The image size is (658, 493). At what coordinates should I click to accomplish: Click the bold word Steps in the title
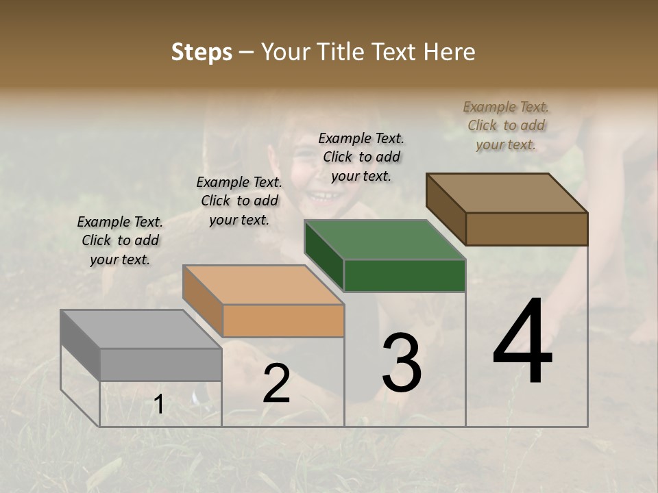[x=202, y=52]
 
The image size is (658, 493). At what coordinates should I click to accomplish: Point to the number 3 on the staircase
[x=402, y=363]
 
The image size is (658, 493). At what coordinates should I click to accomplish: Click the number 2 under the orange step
[x=276, y=384]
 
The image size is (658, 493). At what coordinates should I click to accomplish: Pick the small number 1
[x=159, y=405]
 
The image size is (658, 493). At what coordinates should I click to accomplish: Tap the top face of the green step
[x=385, y=240]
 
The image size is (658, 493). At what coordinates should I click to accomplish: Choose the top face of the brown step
[x=507, y=193]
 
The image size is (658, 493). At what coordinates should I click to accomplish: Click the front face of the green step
[x=404, y=275]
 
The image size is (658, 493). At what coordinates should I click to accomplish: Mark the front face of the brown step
[x=526, y=229]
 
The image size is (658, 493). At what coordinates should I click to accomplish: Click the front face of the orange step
[x=283, y=320]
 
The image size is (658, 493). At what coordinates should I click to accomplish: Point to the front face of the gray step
[x=160, y=364]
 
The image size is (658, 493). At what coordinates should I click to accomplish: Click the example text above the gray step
[x=120, y=240]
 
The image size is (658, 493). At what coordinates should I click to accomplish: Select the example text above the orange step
[x=239, y=201]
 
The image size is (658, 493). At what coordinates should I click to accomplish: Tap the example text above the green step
[x=361, y=157]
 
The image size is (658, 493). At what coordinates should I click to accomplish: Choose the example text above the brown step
[x=506, y=125]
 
